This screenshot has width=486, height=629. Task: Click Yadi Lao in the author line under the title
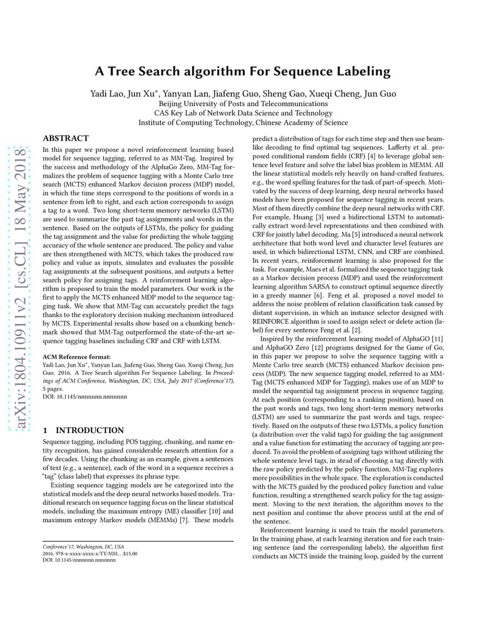pyautogui.click(x=106, y=94)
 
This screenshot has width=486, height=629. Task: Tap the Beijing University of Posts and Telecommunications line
pyautogui.click(x=243, y=104)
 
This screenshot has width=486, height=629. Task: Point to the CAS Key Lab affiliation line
pyautogui.click(x=243, y=113)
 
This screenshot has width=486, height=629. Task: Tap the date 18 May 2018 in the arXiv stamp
pyautogui.click(x=20, y=178)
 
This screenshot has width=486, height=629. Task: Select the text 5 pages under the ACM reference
pyautogui.click(x=53, y=388)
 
